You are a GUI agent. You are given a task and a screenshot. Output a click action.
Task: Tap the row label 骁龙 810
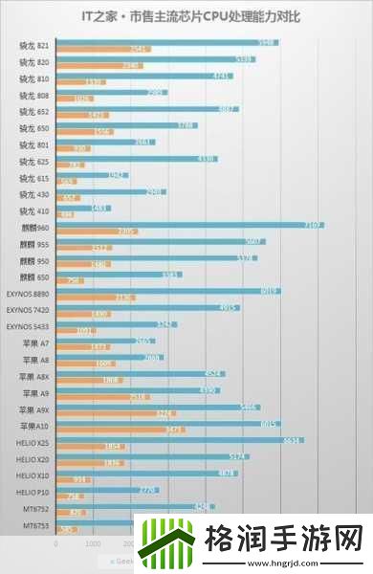coord(35,79)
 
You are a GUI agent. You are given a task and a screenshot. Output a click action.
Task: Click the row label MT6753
coord(35,524)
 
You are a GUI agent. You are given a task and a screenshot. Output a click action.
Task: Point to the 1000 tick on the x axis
coord(93,542)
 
